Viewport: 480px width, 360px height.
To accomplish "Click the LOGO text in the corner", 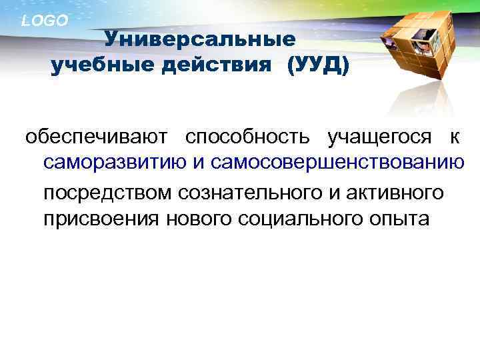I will click(45, 21).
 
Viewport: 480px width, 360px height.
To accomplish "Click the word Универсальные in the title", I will click(200, 39).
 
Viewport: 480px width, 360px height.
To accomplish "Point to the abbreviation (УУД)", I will click(317, 65).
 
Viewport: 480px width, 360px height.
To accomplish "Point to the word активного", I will click(398, 193).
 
